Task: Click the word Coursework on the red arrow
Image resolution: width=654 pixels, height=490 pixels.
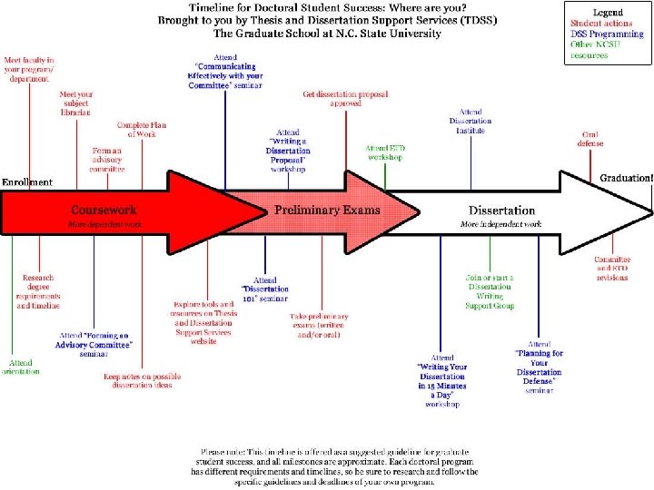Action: pyautogui.click(x=104, y=210)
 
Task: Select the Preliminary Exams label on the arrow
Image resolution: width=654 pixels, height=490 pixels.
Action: pyautogui.click(x=327, y=210)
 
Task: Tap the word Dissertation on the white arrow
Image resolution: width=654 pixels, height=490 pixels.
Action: pyautogui.click(x=501, y=211)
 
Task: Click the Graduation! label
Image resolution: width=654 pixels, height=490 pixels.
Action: pyautogui.click(x=626, y=178)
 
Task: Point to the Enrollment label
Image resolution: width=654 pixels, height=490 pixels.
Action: pyautogui.click(x=27, y=182)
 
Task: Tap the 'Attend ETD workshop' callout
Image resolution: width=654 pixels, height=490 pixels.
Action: pyautogui.click(x=385, y=152)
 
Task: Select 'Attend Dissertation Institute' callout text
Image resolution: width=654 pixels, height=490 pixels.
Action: pyautogui.click(x=471, y=121)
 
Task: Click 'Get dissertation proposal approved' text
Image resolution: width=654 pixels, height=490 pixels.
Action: pyautogui.click(x=332, y=98)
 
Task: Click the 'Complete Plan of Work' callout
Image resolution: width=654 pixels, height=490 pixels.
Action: pyautogui.click(x=139, y=130)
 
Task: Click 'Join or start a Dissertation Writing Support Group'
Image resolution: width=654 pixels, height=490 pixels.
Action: pyautogui.click(x=490, y=290)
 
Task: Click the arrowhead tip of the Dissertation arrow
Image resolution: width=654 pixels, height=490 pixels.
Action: pyautogui.click(x=650, y=211)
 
